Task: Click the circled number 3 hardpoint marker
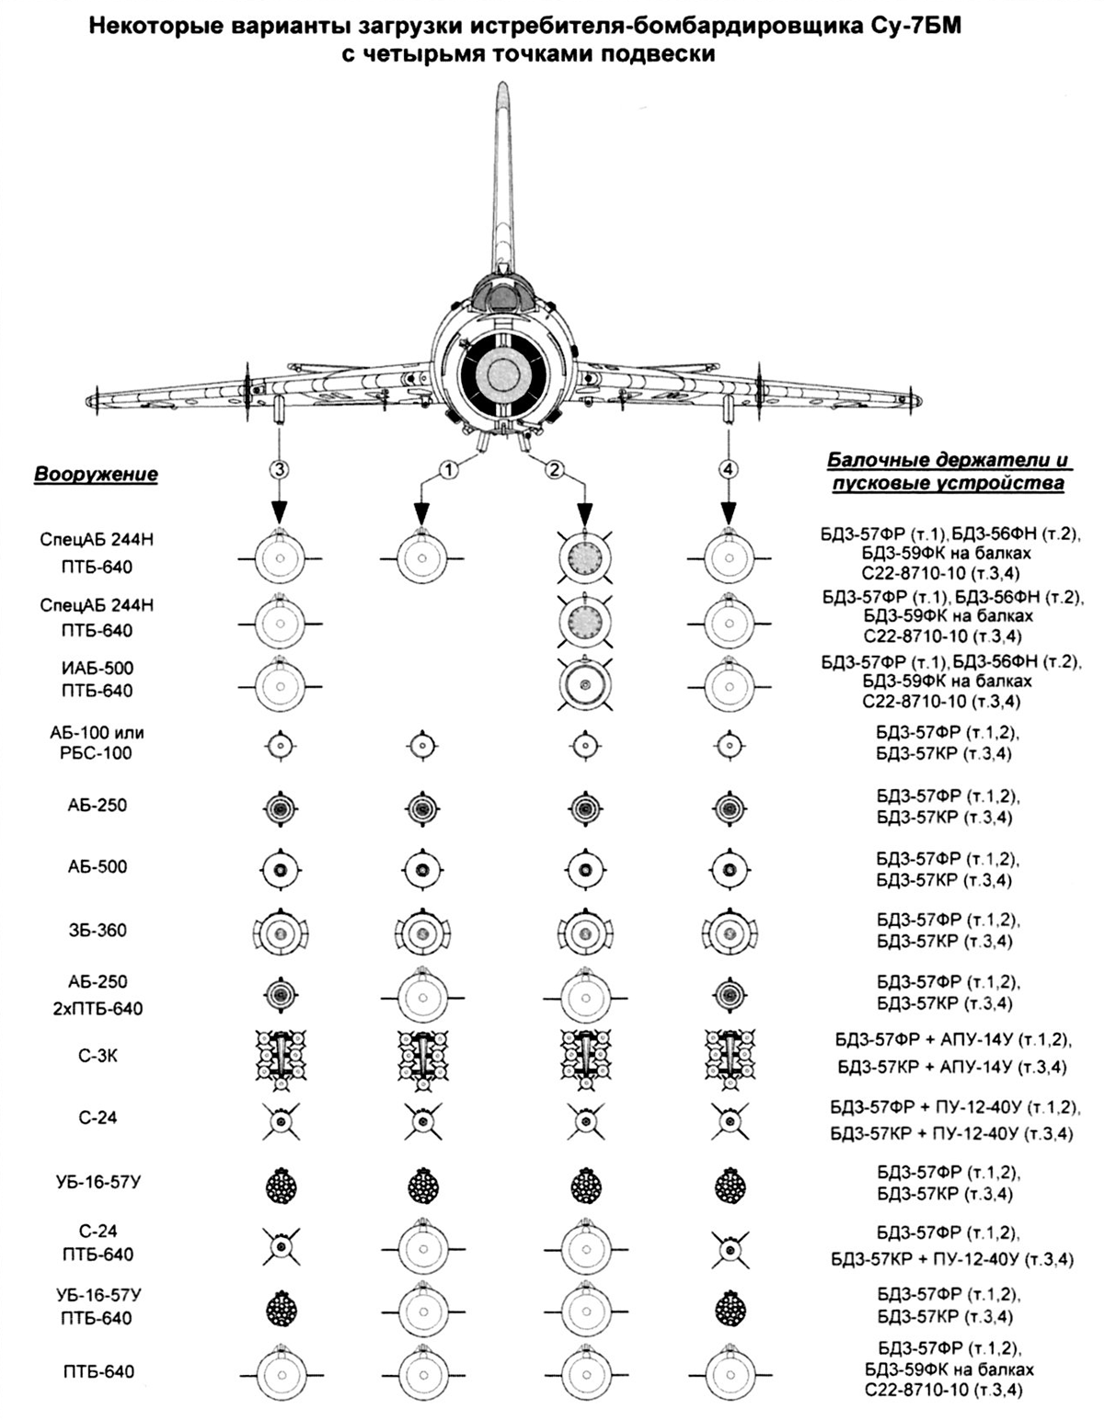(x=279, y=469)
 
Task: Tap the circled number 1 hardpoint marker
(x=448, y=469)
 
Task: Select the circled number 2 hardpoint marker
(x=555, y=469)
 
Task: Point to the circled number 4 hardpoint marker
(x=728, y=469)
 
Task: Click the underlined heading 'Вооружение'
(x=96, y=475)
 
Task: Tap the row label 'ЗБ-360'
(x=98, y=929)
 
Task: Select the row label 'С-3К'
(x=98, y=1056)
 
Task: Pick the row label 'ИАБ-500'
(x=98, y=668)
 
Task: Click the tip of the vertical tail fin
(x=502, y=84)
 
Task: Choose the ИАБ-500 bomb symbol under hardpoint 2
(x=584, y=684)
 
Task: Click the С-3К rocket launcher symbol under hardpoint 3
(x=282, y=1058)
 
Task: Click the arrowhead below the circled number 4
(x=728, y=511)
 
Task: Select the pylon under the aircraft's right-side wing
(x=728, y=409)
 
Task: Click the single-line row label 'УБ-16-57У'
(x=98, y=1182)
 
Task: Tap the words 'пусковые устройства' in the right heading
(x=947, y=485)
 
